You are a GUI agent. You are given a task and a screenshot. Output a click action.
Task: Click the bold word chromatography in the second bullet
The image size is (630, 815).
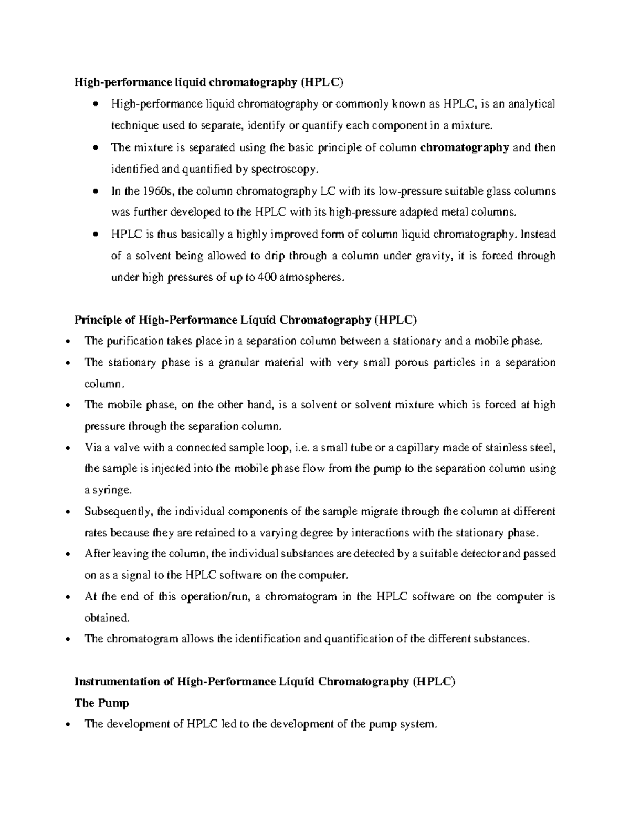click(465, 148)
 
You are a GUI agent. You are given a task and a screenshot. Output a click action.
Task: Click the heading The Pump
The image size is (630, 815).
click(102, 703)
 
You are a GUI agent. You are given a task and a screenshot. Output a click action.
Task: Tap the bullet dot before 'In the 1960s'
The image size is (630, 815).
click(94, 192)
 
